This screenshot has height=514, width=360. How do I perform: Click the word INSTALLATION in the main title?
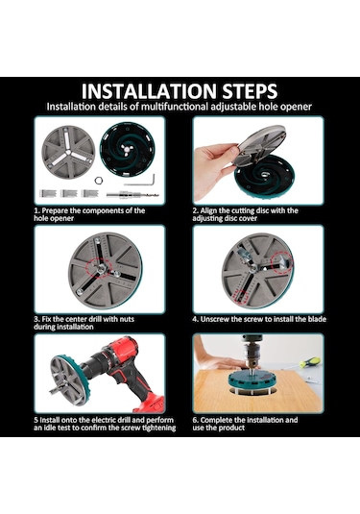[149, 91]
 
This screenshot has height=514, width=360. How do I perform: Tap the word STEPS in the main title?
[251, 91]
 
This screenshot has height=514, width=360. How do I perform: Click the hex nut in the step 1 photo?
[98, 181]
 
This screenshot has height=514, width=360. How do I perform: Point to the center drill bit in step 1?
[132, 195]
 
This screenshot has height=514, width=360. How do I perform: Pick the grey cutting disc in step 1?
[68, 152]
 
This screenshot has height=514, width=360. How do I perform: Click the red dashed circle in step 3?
[98, 268]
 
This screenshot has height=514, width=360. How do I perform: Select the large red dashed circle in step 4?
[282, 262]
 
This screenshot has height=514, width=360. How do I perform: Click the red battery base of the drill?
[149, 403]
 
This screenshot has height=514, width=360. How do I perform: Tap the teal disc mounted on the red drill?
[69, 379]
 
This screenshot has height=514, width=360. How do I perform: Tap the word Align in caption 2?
[207, 210]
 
